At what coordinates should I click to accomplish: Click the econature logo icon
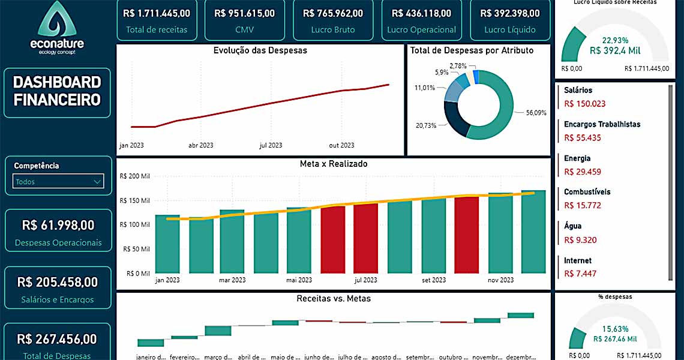coord(58,19)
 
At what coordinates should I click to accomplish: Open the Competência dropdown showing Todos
coord(59,181)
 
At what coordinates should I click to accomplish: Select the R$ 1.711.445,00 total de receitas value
coord(157,13)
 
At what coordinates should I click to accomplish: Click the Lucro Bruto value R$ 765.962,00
coord(333,13)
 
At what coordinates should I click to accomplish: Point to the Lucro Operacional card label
coord(421,29)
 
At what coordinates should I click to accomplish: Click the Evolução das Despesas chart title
coord(260,50)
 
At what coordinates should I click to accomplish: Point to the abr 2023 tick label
coord(201,145)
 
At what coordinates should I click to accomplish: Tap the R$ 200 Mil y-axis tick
coord(135,176)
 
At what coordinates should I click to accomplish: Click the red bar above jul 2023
coord(366,238)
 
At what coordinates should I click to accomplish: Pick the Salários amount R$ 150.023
coord(585,104)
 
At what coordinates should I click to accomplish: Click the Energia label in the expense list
coord(577,158)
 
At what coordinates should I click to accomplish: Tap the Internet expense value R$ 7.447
coord(580,274)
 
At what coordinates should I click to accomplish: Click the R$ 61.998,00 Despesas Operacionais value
coord(58,226)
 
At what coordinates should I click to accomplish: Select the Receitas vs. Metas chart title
coord(334,298)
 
